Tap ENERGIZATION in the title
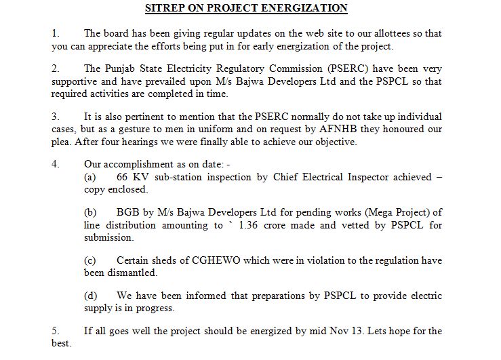[308, 8]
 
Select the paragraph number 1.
[55, 33]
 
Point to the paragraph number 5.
[55, 331]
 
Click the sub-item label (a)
[90, 177]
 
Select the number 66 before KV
[123, 177]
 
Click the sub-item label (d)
[90, 296]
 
